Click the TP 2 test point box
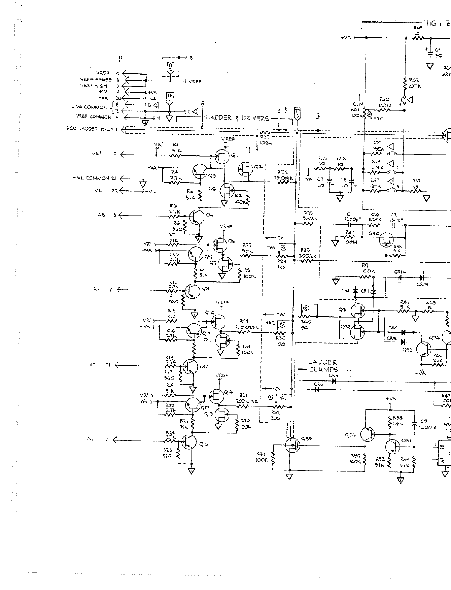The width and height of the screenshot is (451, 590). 170,67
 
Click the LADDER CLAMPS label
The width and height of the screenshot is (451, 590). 323,366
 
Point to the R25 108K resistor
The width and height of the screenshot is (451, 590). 266,133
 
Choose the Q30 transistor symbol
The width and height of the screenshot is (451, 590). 386,239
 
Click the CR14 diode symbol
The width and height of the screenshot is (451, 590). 399,278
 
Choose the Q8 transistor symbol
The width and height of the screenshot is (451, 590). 191,291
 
